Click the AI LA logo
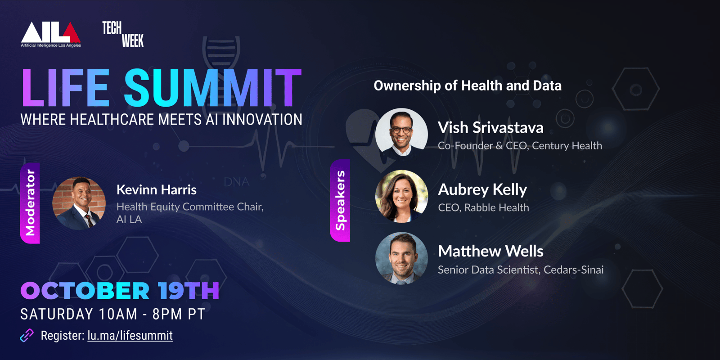51,34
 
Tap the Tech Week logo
123,34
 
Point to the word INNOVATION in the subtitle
262,120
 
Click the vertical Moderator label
30,203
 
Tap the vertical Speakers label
340,200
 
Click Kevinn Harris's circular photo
79,203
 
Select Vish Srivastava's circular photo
401,135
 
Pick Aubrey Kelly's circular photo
401,196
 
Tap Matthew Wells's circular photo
401,258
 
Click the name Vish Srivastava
490,128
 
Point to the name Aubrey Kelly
482,190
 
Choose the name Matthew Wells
490,251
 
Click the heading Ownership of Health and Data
468,86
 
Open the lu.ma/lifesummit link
130,336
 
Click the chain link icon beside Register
27,336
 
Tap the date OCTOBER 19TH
120,291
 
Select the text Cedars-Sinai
574,270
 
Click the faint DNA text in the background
237,182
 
